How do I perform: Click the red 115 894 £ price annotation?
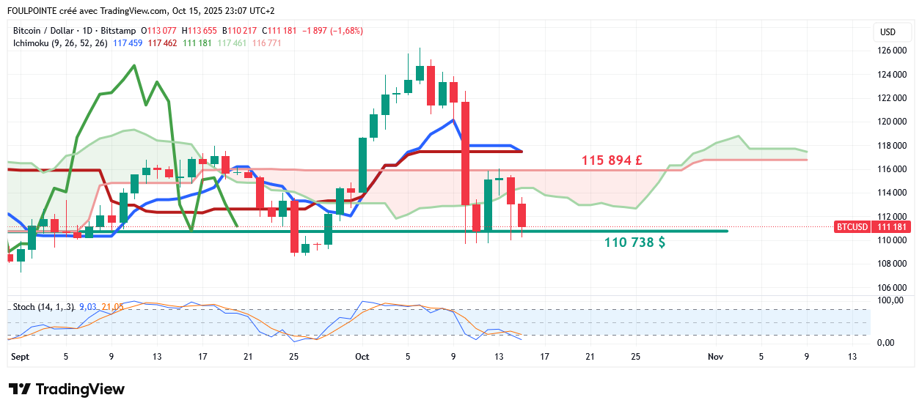[612, 160]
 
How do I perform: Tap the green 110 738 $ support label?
[634, 242]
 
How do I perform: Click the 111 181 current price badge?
[893, 227]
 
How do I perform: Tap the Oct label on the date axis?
[362, 357]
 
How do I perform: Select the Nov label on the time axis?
[715, 357]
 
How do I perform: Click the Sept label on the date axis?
[21, 357]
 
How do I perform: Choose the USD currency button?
[888, 32]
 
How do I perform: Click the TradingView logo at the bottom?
[66, 389]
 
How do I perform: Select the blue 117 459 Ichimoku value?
[128, 43]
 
